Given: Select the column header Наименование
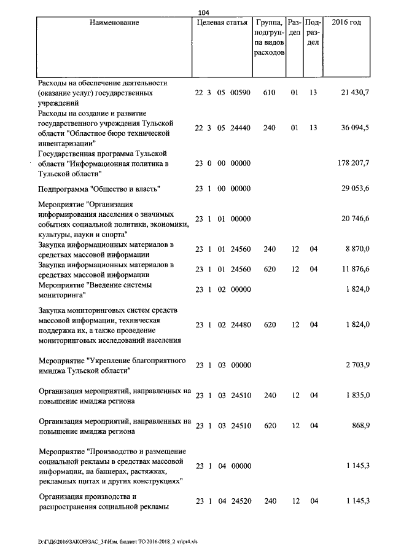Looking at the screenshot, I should [x=114, y=23].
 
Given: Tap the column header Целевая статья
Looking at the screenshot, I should [x=221, y=23].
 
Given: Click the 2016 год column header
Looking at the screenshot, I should [x=346, y=23].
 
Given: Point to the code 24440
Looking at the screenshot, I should [x=241, y=128].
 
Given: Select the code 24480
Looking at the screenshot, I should [x=241, y=324].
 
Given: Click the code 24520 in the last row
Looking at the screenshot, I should [x=241, y=502].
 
